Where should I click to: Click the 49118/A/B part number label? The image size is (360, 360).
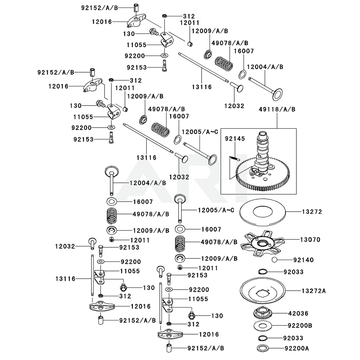277,109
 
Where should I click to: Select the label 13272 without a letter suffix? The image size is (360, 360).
311,211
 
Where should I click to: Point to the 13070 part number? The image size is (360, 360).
311,239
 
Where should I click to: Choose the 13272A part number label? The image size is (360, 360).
313,290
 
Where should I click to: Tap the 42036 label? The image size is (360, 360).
298,314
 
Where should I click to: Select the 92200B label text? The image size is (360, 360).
300,326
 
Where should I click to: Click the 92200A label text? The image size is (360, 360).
299,348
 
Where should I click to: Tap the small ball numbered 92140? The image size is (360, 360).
274,260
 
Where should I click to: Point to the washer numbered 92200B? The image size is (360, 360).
266,326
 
